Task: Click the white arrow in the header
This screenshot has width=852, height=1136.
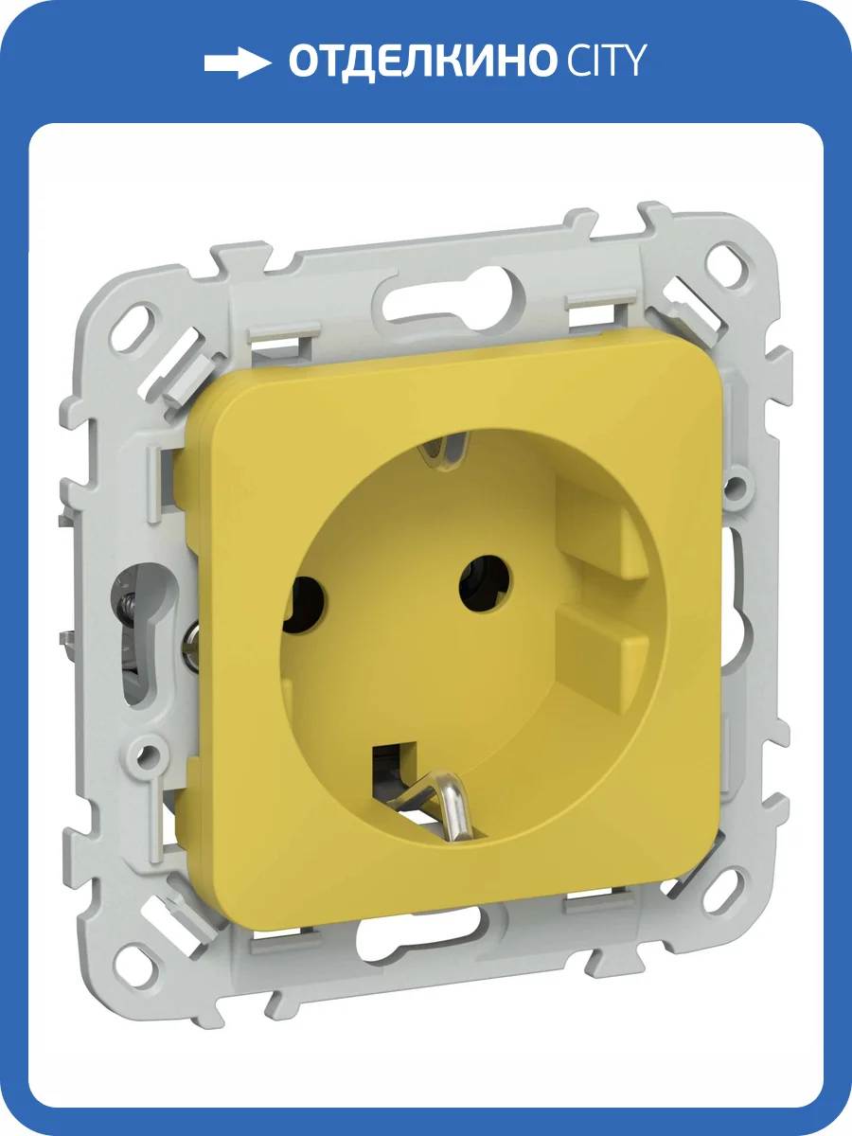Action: [x=238, y=62]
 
